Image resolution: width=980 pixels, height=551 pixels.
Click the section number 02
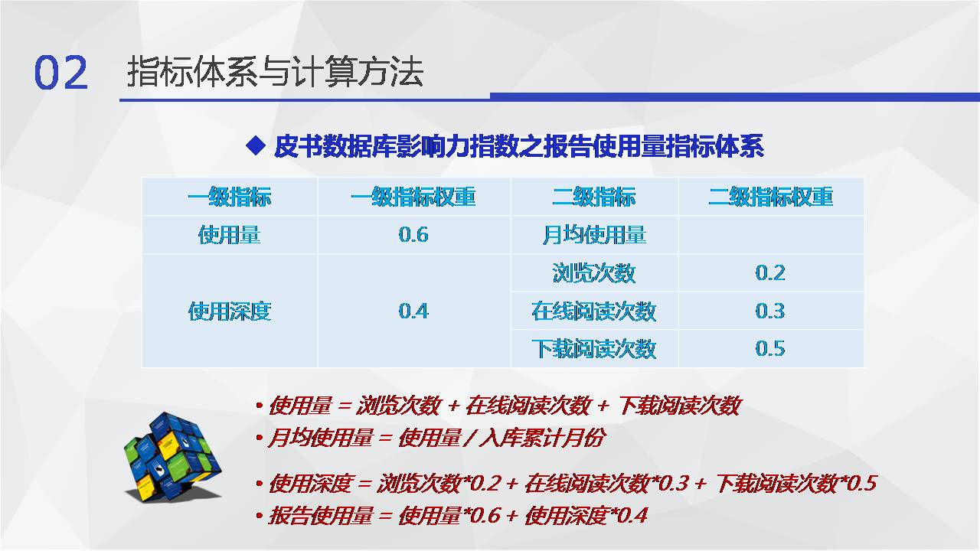pos(60,73)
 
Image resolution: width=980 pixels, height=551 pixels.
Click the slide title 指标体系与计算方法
pos(275,72)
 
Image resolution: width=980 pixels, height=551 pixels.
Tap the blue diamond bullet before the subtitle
pos(256,145)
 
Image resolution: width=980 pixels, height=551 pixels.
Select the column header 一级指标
pos(229,197)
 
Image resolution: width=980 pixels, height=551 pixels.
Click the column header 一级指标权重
pos(413,197)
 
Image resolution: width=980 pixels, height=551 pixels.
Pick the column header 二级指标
pos(594,197)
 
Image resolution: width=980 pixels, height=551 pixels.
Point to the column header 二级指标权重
pos(771,197)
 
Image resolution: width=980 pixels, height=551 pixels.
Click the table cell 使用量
pos(229,235)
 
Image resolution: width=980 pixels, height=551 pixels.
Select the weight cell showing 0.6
pos(413,235)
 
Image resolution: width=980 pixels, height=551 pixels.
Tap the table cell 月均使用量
pos(594,235)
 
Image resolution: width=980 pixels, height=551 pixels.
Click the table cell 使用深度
pos(230,311)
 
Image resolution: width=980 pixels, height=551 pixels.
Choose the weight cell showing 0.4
pos(413,311)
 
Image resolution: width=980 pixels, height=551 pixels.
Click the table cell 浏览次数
pos(594,273)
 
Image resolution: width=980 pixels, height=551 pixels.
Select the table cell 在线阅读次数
pos(594,311)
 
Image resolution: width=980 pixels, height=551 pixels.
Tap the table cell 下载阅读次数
pos(594,349)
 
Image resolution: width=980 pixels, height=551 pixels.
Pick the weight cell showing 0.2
pos(770,273)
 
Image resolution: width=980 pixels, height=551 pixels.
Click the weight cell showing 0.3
pos(770,311)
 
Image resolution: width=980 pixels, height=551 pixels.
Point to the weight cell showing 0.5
pos(770,349)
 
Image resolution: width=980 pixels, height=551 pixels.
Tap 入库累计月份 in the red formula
pos(543,438)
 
